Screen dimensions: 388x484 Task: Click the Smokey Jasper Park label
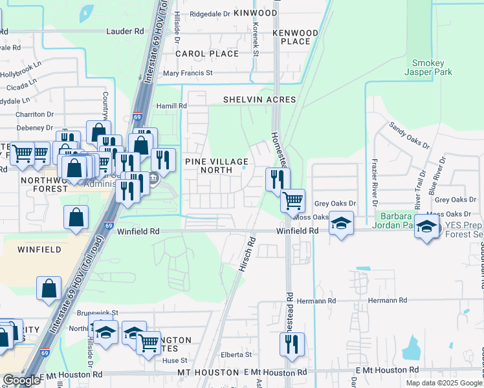432,68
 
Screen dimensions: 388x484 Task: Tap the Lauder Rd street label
126,30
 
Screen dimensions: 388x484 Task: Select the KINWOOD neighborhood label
255,13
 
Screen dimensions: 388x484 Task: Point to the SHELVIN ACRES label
259,100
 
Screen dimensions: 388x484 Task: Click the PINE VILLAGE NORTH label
216,166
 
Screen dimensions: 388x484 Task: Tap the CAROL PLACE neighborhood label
207,54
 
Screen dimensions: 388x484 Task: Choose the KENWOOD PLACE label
295,38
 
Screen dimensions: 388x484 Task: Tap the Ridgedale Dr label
210,13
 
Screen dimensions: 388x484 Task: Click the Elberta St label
235,354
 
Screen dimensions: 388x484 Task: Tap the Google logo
21,380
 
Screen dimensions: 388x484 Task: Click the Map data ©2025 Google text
443,383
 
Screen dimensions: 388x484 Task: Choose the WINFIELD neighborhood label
39,249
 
